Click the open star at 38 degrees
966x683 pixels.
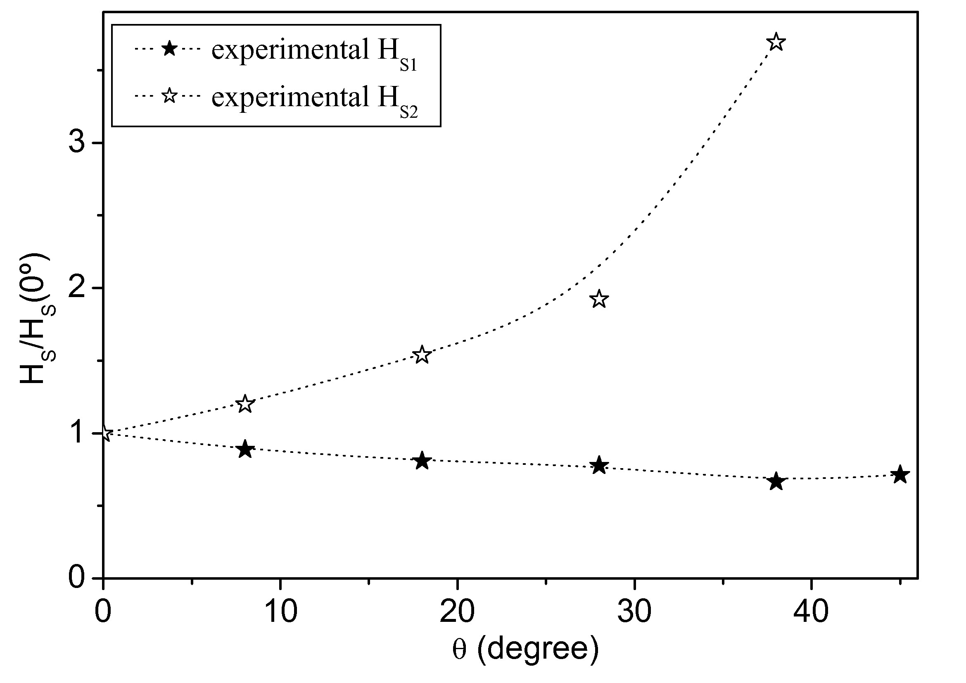point(776,42)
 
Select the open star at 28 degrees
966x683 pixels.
point(599,299)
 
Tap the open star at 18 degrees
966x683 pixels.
point(422,355)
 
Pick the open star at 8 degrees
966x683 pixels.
point(245,405)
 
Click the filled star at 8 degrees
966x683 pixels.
point(245,450)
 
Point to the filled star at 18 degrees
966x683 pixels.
point(422,461)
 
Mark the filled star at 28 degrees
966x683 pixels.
point(599,465)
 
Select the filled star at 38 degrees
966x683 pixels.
point(776,481)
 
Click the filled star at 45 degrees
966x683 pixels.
point(900,475)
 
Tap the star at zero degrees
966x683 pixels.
point(104,433)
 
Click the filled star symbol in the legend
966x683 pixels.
point(169,49)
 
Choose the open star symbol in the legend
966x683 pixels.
point(169,96)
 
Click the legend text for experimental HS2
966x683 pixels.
point(314,98)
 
